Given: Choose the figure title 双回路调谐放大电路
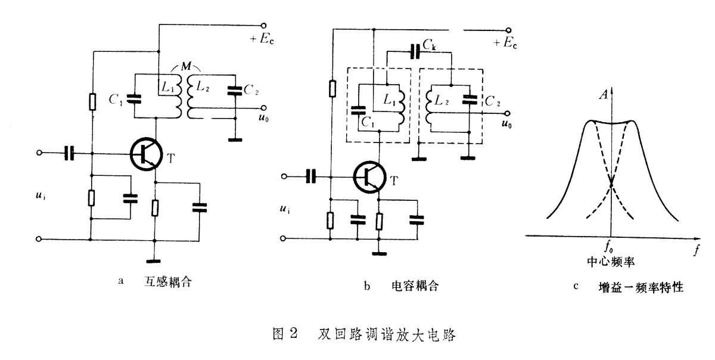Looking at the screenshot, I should (x=387, y=334).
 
